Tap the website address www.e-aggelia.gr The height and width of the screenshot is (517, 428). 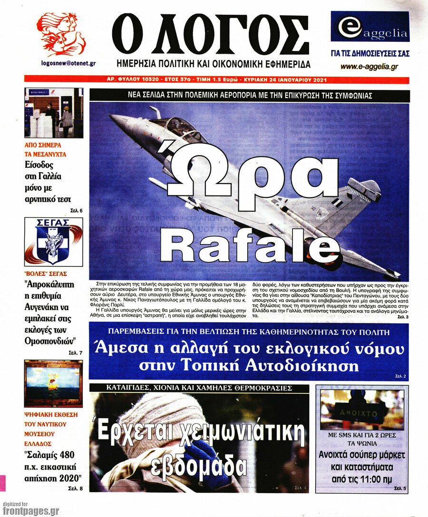point(369,67)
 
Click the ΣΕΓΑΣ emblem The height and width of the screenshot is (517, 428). point(53,242)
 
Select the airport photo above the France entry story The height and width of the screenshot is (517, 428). point(53,113)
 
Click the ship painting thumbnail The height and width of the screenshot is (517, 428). point(53,384)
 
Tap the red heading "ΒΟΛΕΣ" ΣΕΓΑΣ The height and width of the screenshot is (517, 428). point(46,273)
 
